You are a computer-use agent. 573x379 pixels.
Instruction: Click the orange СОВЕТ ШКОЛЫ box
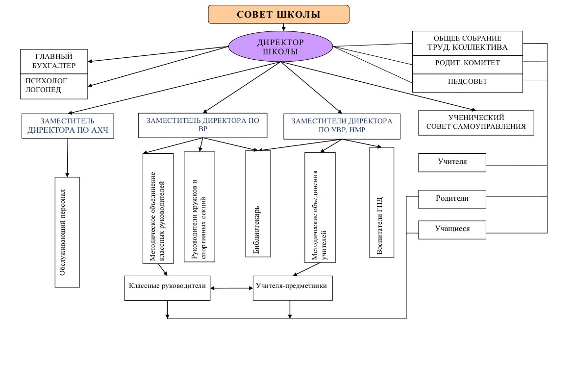tap(278, 15)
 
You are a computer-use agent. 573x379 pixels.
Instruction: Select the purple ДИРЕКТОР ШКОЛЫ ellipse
tap(281, 47)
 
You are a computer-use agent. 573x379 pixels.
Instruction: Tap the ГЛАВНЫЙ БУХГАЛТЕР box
tap(54, 61)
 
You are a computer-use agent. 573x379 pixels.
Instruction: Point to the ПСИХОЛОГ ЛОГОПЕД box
tap(54, 86)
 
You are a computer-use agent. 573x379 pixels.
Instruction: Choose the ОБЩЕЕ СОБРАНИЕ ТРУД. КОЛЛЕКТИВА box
tap(468, 43)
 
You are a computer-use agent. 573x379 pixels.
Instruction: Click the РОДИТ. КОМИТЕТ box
tap(468, 65)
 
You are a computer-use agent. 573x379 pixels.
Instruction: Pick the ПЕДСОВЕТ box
tap(468, 83)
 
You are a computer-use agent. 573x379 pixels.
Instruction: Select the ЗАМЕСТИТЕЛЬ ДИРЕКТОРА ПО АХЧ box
tap(68, 126)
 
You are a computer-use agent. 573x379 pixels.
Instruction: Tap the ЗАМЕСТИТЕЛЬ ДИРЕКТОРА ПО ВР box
tap(203, 125)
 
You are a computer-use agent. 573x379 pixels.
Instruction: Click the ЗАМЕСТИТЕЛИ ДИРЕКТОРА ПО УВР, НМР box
tap(342, 126)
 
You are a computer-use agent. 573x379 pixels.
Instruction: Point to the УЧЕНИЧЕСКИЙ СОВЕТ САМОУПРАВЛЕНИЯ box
tap(476, 123)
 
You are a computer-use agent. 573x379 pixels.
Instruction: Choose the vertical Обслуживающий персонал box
tap(67, 232)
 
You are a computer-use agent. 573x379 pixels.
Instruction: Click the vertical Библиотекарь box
tap(258, 204)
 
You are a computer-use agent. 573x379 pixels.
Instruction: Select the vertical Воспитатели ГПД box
tap(381, 203)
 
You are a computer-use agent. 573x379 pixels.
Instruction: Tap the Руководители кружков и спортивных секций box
tap(199, 207)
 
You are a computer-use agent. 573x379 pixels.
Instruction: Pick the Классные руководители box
tap(167, 288)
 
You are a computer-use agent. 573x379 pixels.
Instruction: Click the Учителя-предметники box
tap(293, 288)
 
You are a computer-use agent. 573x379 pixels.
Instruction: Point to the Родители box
tap(452, 199)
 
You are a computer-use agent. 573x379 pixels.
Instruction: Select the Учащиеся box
tap(452, 230)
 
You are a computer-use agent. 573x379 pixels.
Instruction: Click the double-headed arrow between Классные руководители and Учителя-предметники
tap(232, 288)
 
